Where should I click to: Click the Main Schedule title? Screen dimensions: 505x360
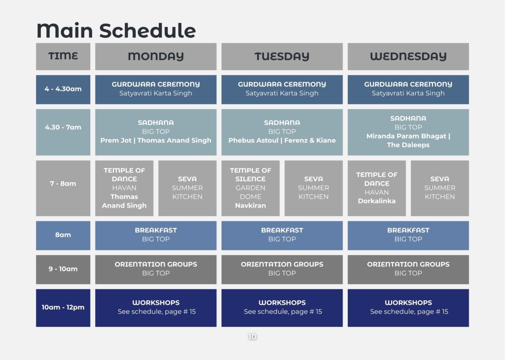(x=116, y=31)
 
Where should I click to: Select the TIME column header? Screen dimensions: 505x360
(x=63, y=56)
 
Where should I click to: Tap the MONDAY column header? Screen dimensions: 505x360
(x=156, y=56)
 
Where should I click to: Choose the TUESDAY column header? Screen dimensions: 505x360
(x=282, y=56)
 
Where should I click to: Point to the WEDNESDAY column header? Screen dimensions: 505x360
(x=408, y=56)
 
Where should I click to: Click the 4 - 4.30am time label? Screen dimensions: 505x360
(x=63, y=89)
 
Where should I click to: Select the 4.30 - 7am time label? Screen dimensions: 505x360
(x=63, y=127)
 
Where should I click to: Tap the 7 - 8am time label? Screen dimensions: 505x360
(x=63, y=183)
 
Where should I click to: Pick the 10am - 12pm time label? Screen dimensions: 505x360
(x=63, y=307)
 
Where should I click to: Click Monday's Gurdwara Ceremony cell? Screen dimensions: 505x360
(x=156, y=90)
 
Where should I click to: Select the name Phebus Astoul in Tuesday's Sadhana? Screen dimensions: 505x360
(x=253, y=141)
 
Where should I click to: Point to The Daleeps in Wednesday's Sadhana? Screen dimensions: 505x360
(x=408, y=145)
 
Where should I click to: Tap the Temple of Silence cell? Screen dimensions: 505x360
(x=251, y=188)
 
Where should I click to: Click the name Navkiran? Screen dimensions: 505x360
(x=251, y=206)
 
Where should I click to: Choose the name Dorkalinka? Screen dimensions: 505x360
(x=377, y=201)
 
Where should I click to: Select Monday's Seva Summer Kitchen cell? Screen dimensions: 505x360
(x=187, y=188)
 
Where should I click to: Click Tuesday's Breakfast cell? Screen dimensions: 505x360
(x=282, y=235)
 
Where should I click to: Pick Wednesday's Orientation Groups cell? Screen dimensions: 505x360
(x=408, y=270)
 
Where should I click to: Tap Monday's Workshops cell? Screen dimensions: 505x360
(x=156, y=308)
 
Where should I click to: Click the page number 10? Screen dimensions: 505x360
(x=252, y=337)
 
